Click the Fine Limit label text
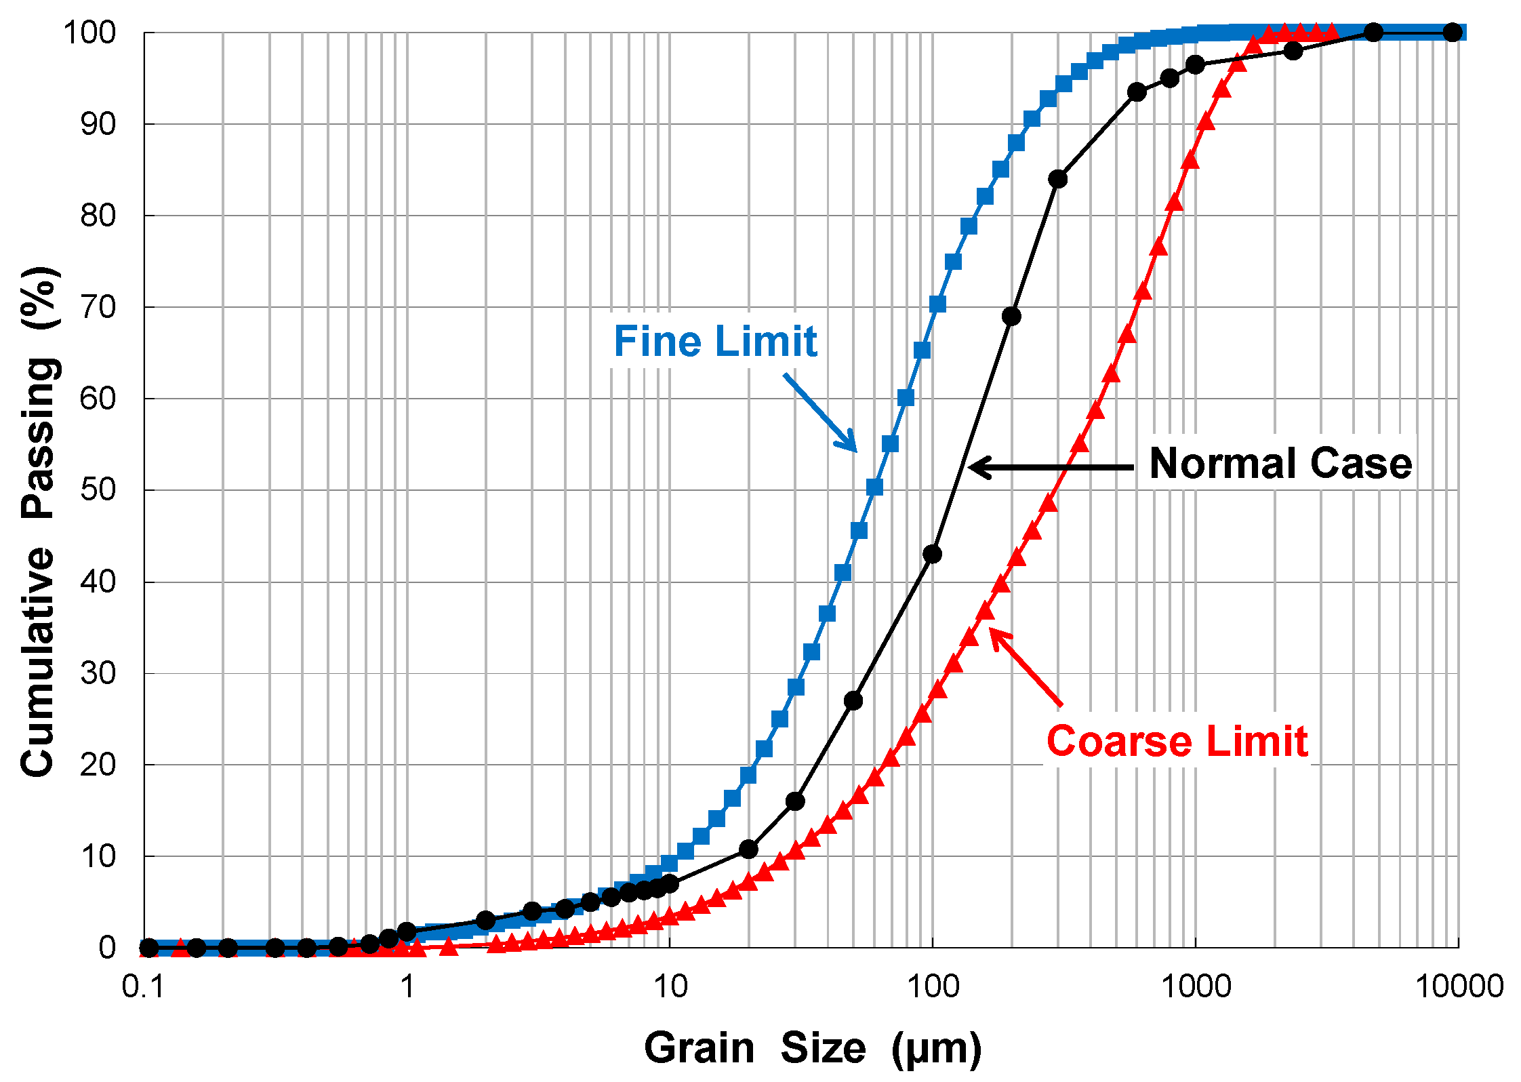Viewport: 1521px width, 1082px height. click(715, 341)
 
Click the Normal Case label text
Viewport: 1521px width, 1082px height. click(1280, 464)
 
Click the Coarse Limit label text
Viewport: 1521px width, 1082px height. click(1177, 741)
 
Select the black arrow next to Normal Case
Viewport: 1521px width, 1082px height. click(1051, 467)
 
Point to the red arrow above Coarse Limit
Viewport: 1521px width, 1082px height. click(1026, 668)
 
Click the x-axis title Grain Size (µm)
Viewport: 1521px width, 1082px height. click(812, 1048)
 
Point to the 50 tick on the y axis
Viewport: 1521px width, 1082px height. click(98, 489)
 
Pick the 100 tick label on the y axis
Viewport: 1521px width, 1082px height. click(89, 33)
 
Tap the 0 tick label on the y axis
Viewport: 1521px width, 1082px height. click(107, 947)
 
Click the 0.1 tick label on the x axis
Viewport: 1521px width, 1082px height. click(143, 986)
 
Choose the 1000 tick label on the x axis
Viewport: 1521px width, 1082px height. click(1196, 986)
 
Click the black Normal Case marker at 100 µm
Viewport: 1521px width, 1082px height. click(932, 554)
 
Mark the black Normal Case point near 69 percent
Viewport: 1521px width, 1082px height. click(1011, 316)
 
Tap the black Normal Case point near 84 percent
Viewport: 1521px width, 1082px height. click(1057, 179)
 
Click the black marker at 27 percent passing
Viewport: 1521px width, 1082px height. click(853, 700)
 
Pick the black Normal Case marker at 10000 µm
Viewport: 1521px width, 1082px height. click(1452, 32)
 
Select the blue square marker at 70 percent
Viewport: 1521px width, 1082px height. click(937, 304)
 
